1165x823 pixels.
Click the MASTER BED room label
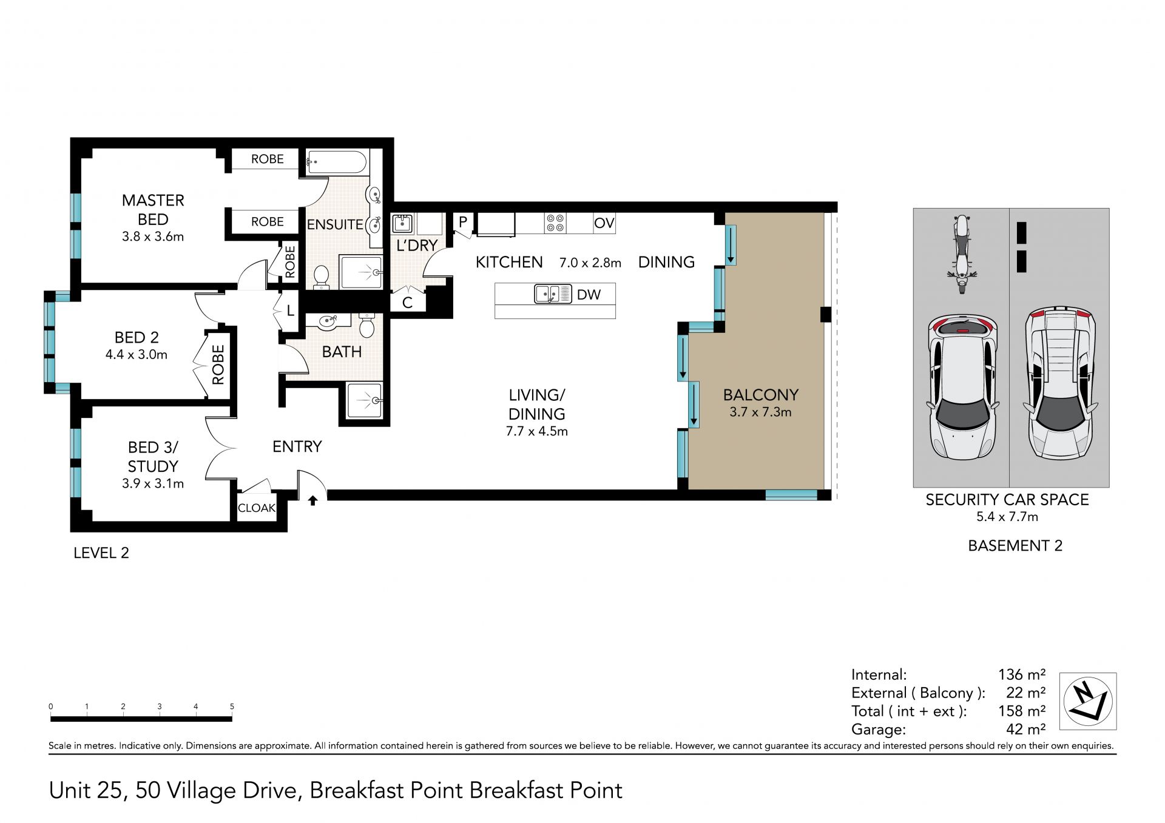[153, 210]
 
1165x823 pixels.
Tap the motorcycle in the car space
[962, 254]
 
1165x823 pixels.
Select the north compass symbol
[1088, 701]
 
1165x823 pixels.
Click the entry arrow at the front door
[313, 500]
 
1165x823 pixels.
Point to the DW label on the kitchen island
[589, 295]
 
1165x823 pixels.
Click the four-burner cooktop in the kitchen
[555, 223]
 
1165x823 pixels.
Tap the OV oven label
[604, 223]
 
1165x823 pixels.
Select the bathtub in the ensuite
[336, 163]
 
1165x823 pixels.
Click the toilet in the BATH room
[366, 325]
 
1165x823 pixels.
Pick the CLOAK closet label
[256, 508]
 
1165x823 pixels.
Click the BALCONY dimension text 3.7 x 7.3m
[760, 412]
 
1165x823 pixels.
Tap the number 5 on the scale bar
[232, 707]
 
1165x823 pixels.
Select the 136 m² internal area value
[1022, 674]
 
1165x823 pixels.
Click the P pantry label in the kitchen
[462, 222]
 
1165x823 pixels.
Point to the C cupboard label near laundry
[407, 303]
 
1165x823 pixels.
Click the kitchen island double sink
[553, 294]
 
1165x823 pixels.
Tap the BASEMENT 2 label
[1015, 546]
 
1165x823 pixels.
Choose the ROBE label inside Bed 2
[218, 364]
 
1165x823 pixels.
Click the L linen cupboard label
[290, 311]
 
